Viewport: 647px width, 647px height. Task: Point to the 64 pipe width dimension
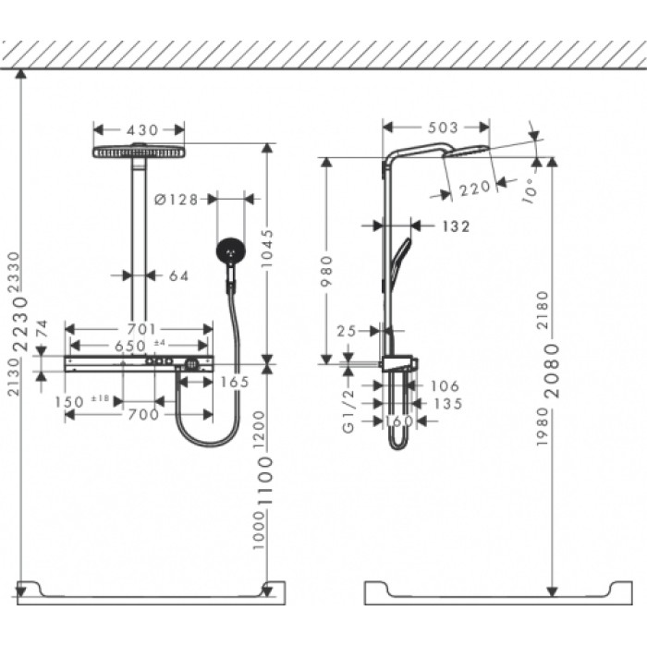coord(177,275)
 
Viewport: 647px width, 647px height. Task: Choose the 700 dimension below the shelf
coord(142,415)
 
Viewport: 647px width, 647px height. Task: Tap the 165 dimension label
coord(236,380)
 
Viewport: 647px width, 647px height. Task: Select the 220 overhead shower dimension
coord(474,188)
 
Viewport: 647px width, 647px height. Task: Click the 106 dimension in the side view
coord(445,386)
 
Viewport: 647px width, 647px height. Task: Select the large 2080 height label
coord(552,371)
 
